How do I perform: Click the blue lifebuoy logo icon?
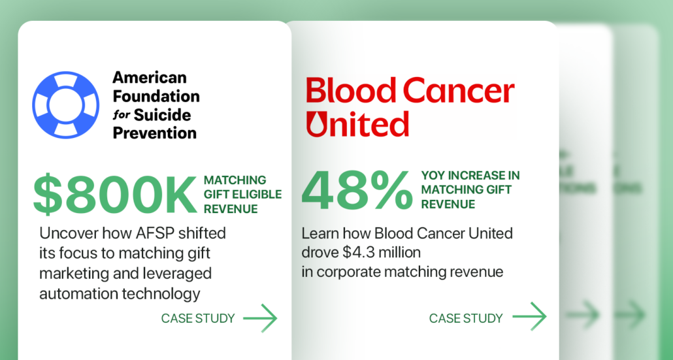pyautogui.click(x=65, y=105)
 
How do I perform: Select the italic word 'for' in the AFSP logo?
pyautogui.click(x=122, y=116)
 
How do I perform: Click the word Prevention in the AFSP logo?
pyautogui.click(x=154, y=133)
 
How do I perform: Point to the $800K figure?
pyautogui.click(x=115, y=195)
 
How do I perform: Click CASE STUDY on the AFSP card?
pyautogui.click(x=198, y=319)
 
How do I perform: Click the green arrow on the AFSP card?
pyautogui.click(x=260, y=318)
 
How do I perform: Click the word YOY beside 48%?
pyautogui.click(x=435, y=175)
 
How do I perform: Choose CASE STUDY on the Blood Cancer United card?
pyautogui.click(x=466, y=319)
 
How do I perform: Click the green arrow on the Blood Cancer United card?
pyautogui.click(x=529, y=317)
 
